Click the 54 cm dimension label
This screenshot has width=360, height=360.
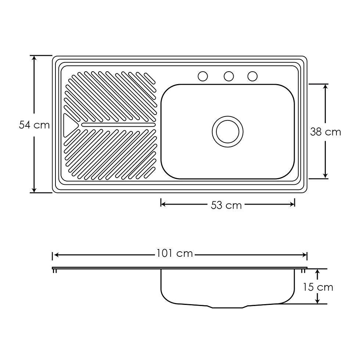pos(34,125)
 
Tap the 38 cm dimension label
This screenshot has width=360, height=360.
pos(325,132)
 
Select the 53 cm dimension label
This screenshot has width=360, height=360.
pos(226,205)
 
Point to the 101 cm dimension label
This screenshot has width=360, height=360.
pos(174,253)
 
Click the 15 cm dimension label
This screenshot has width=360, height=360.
pos(318,287)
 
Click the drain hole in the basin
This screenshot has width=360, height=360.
pos(227,132)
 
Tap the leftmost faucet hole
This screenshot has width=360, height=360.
pos(203,76)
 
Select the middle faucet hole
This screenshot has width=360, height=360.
pos(228,76)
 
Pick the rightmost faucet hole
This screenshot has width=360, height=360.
pos(253,76)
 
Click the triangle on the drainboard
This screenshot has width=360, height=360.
pos(69,125)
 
